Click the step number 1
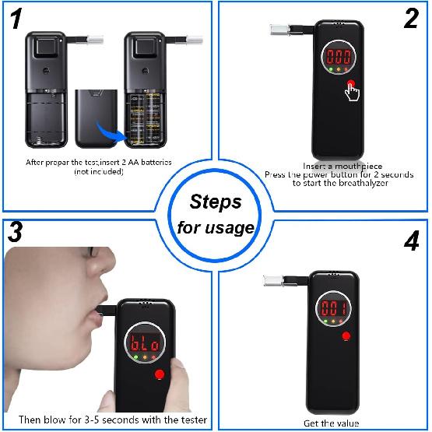click(15, 19)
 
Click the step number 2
click(409, 19)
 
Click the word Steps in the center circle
click(216, 202)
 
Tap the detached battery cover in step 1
click(96, 117)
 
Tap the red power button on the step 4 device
click(345, 336)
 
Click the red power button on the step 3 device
click(160, 375)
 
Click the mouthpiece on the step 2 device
click(279, 30)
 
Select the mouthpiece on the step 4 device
click(272, 279)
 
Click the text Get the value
click(331, 423)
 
